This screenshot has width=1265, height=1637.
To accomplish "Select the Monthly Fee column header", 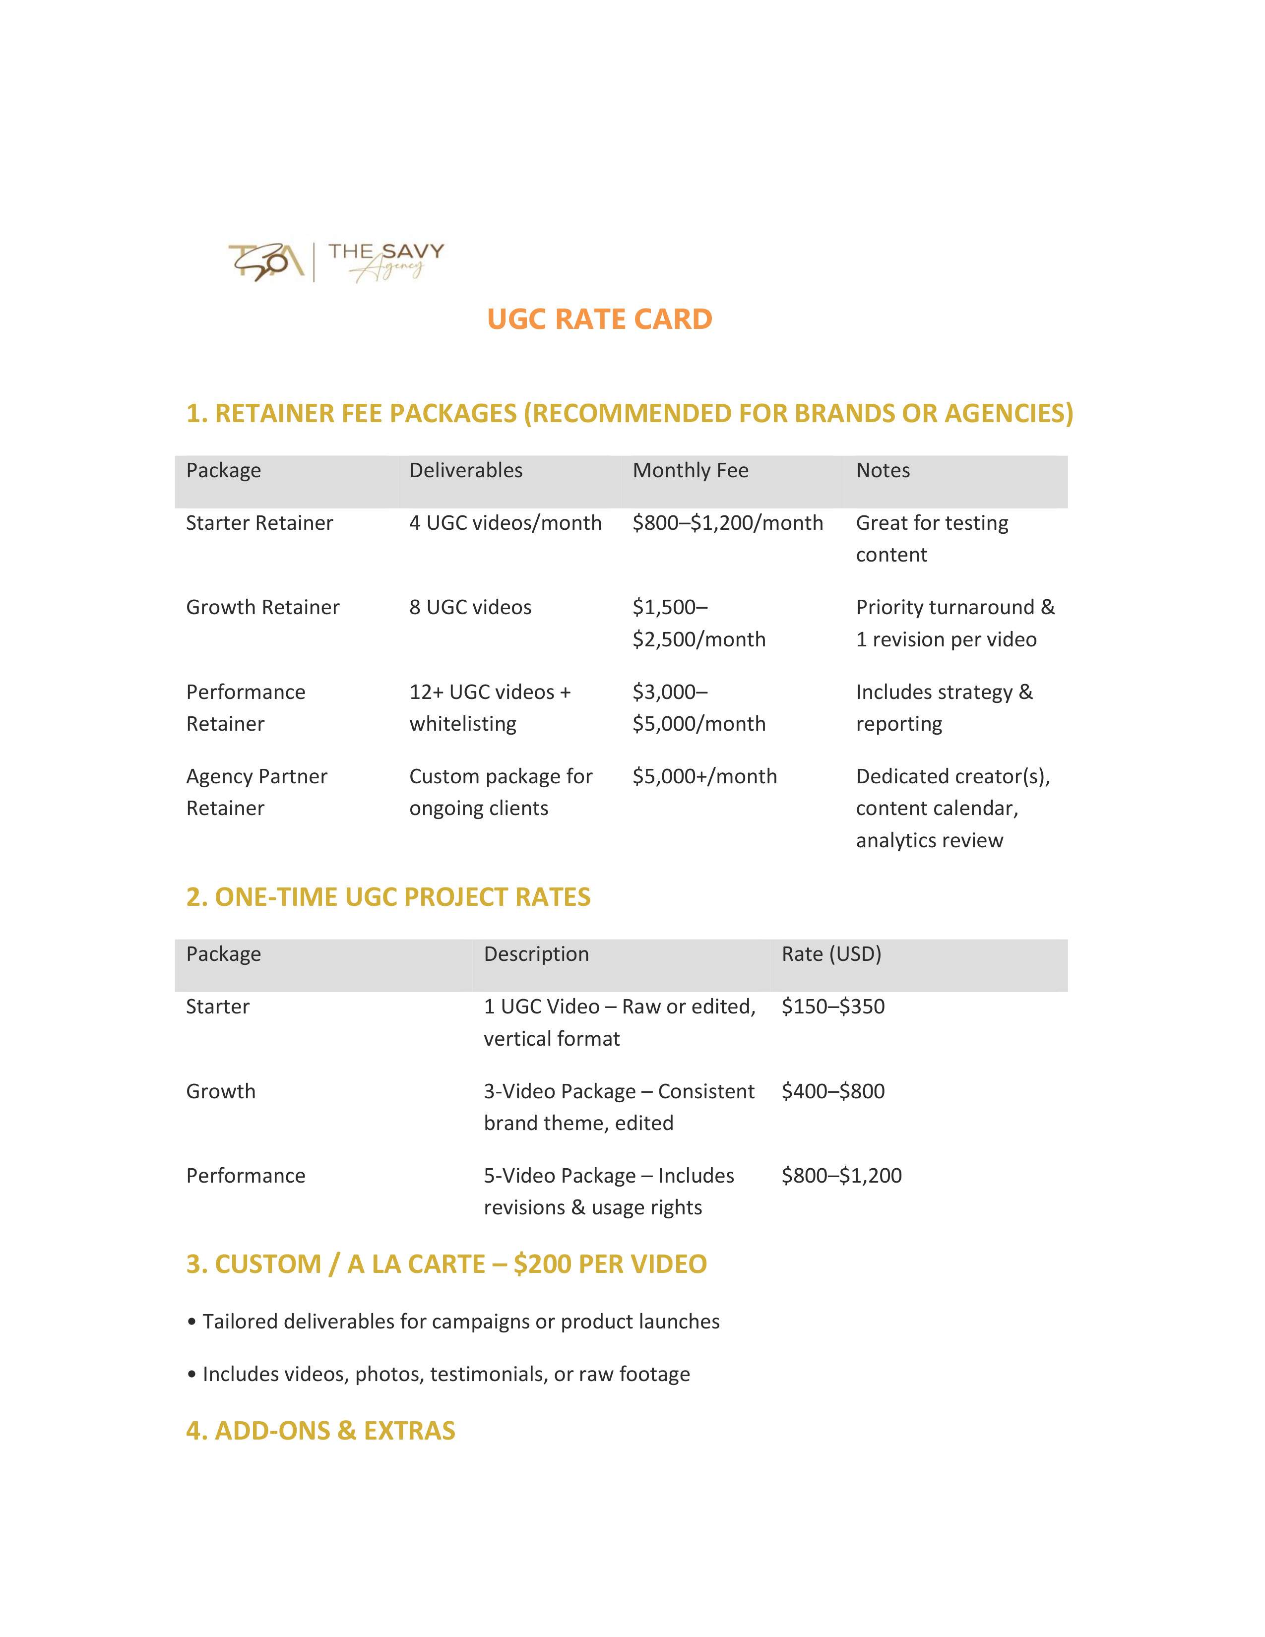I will point(690,471).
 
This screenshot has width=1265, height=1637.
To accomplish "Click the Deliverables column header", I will point(465,471).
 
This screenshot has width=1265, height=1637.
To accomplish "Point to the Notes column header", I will point(883,471).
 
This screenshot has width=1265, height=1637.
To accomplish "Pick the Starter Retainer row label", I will point(259,523).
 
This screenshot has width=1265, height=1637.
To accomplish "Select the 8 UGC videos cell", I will point(470,607).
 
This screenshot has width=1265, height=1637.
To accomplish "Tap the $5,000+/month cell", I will point(704,776).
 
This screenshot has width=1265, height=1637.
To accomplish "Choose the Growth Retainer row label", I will point(262,607).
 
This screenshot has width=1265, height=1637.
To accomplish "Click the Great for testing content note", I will point(932,538).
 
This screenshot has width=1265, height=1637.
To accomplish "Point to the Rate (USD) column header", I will point(831,954).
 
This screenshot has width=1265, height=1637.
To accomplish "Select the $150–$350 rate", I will point(832,1007).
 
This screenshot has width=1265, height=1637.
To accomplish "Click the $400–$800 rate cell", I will point(832,1091).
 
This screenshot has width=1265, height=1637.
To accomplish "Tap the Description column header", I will point(536,954).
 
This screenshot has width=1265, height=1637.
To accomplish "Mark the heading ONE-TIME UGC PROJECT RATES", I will point(388,897).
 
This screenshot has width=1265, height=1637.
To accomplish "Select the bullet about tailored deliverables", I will point(454,1322).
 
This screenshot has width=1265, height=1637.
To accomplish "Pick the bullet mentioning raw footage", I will point(439,1374).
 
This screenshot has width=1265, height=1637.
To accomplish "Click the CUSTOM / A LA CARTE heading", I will point(446,1264).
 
